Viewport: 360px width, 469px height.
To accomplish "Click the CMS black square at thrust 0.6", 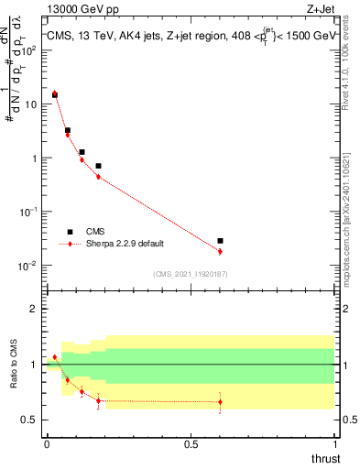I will (x=220, y=241).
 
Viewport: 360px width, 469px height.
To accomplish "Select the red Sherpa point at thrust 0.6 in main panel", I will (x=220, y=251).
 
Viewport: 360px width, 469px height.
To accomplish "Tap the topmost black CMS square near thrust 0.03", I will (x=54, y=95).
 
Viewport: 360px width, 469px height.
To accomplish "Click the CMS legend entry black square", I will (x=69, y=232).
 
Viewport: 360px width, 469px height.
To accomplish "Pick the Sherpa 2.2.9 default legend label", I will (x=126, y=245).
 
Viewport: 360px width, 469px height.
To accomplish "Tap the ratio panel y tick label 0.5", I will (x=31, y=420).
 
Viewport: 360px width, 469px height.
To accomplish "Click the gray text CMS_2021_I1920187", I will (x=189, y=274).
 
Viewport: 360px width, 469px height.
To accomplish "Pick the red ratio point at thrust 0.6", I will (x=220, y=401).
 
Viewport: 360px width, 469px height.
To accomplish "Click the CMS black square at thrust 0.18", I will (x=98, y=166).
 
